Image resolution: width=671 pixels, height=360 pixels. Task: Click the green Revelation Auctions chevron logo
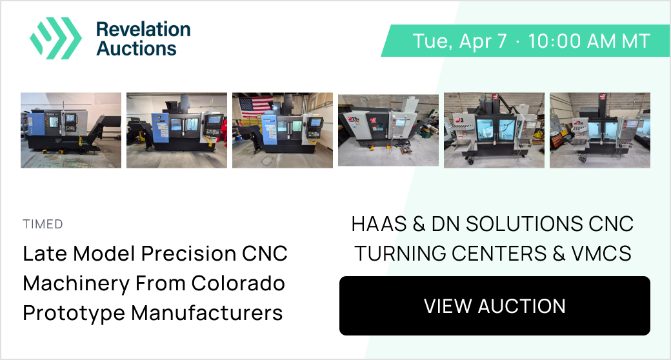pyautogui.click(x=55, y=38)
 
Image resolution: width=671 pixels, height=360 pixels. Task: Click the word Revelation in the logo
pyautogui.click(x=143, y=30)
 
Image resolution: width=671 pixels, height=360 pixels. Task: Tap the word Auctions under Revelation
pyautogui.click(x=137, y=48)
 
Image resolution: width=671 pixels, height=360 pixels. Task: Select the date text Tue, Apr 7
pyautogui.click(x=460, y=41)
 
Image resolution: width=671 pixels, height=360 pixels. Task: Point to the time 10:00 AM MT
pyautogui.click(x=589, y=41)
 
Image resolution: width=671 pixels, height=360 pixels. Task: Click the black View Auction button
pyautogui.click(x=495, y=306)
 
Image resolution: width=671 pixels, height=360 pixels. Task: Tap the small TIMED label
pyautogui.click(x=43, y=224)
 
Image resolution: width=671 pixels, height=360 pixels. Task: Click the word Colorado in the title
pyautogui.click(x=238, y=283)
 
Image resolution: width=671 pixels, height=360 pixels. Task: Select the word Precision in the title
pyautogui.click(x=188, y=254)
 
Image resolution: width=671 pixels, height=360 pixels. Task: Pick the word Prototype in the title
pyautogui.click(x=74, y=314)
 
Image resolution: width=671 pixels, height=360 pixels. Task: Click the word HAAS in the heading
pyautogui.click(x=379, y=224)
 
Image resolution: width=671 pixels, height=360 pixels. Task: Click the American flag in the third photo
pyautogui.click(x=256, y=107)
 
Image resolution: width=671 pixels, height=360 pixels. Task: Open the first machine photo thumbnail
pyautogui.click(x=71, y=130)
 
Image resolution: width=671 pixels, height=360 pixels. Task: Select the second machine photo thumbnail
pyautogui.click(x=177, y=130)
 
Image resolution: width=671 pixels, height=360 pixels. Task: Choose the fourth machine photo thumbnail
pyautogui.click(x=388, y=130)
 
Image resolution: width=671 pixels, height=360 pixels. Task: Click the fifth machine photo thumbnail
pyautogui.click(x=494, y=130)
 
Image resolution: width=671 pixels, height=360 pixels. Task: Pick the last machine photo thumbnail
pyautogui.click(x=600, y=130)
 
